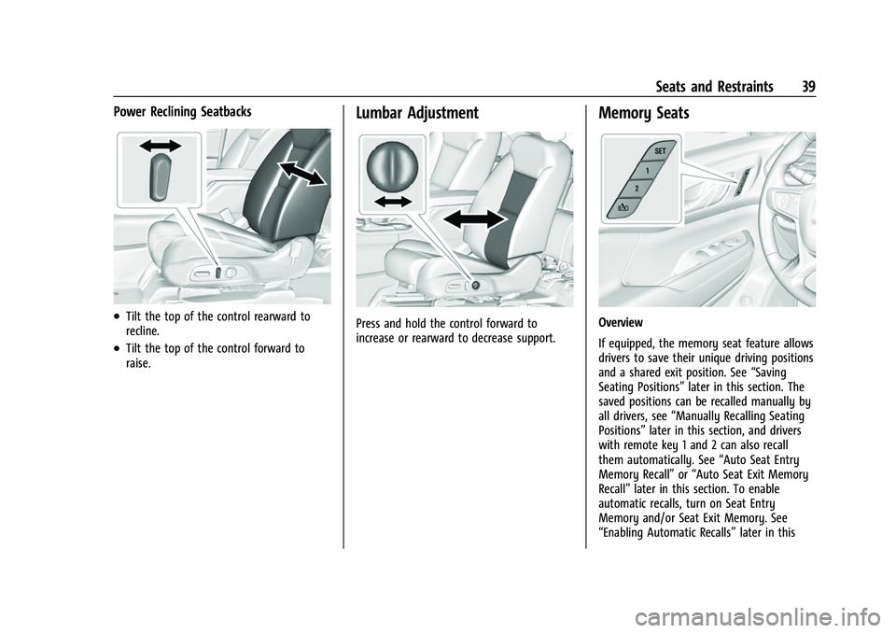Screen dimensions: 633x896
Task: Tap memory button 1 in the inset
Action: click(x=646, y=171)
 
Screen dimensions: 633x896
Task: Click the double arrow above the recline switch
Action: click(x=158, y=146)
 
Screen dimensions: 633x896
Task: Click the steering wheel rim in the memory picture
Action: click(x=789, y=177)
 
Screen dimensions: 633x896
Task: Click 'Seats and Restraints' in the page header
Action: click(x=714, y=87)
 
